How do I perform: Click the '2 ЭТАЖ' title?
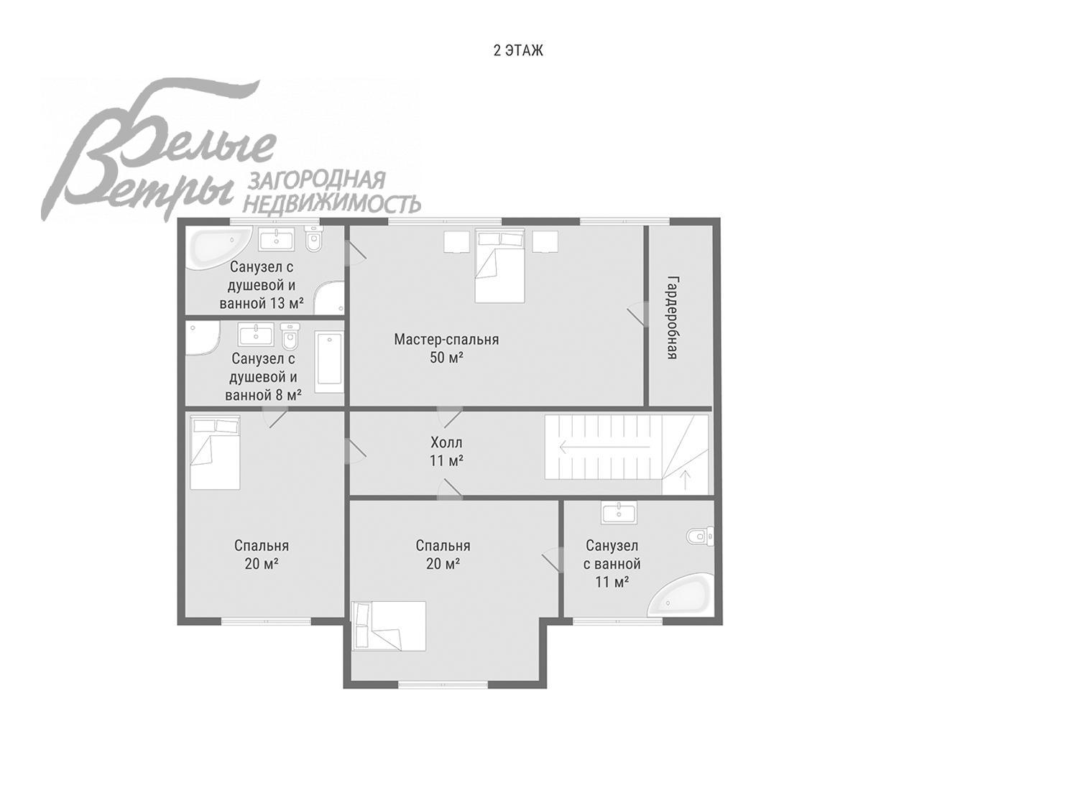tap(518, 50)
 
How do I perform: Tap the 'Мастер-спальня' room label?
tap(446, 340)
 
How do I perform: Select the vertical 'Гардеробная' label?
tap(673, 318)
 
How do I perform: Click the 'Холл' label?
tap(446, 442)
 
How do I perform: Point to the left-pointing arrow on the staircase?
tap(604, 447)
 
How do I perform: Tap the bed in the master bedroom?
tap(499, 266)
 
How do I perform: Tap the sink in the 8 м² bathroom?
tap(256, 335)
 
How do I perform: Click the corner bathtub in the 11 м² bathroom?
tap(681, 594)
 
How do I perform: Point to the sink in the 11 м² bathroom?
tap(618, 512)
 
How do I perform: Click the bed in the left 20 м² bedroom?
tap(215, 452)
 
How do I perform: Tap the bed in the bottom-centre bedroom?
tap(389, 626)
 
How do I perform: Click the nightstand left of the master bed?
tap(456, 241)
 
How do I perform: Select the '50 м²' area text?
tap(446, 358)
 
